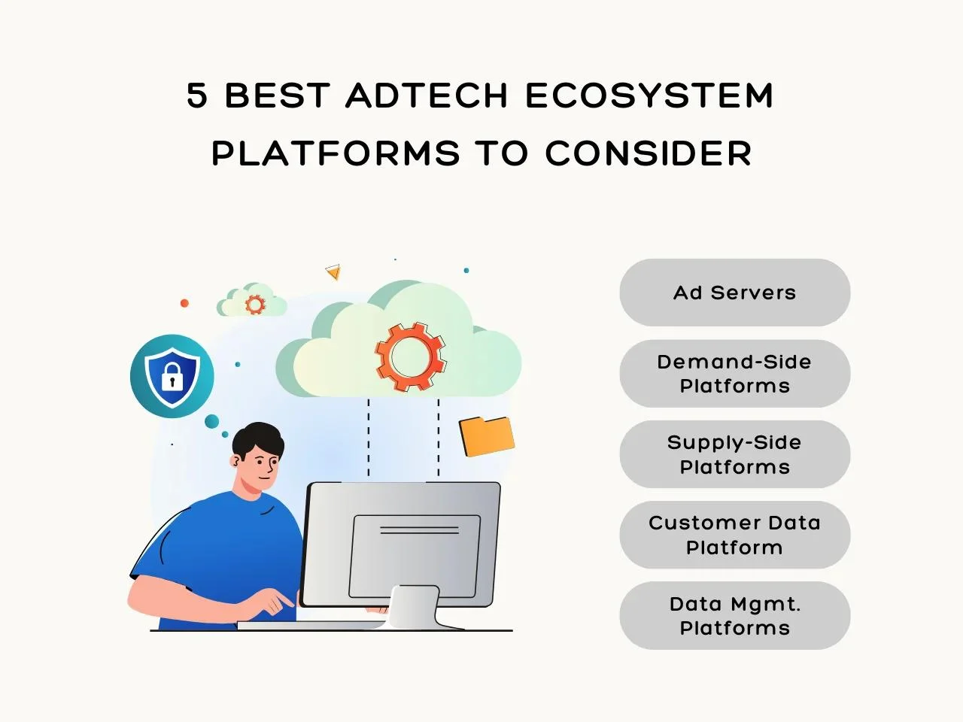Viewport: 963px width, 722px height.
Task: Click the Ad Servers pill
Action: tap(735, 293)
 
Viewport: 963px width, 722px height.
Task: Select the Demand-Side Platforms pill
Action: tap(735, 374)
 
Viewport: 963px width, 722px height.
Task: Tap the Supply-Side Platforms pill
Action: tap(735, 454)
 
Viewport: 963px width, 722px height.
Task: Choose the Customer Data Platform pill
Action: tap(735, 535)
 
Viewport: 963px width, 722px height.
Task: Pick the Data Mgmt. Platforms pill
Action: tap(735, 615)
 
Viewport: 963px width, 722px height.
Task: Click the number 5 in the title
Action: tap(197, 95)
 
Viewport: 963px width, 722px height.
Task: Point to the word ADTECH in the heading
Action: tap(427, 95)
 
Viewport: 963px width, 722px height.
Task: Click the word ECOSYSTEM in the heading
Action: tap(649, 95)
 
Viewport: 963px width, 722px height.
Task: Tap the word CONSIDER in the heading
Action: tap(649, 153)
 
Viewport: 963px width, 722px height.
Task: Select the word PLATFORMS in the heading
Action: tap(336, 153)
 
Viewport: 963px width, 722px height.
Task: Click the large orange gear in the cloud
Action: tap(411, 356)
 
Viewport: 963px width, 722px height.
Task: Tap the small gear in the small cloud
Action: tap(255, 305)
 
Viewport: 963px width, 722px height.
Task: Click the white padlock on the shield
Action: tap(172, 377)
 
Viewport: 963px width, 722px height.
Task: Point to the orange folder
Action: tap(487, 436)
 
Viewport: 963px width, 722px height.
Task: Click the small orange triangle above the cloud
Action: tap(333, 272)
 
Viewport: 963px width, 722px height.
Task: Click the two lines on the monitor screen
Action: tap(419, 530)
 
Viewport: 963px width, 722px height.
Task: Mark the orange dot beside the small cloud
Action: tap(185, 303)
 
